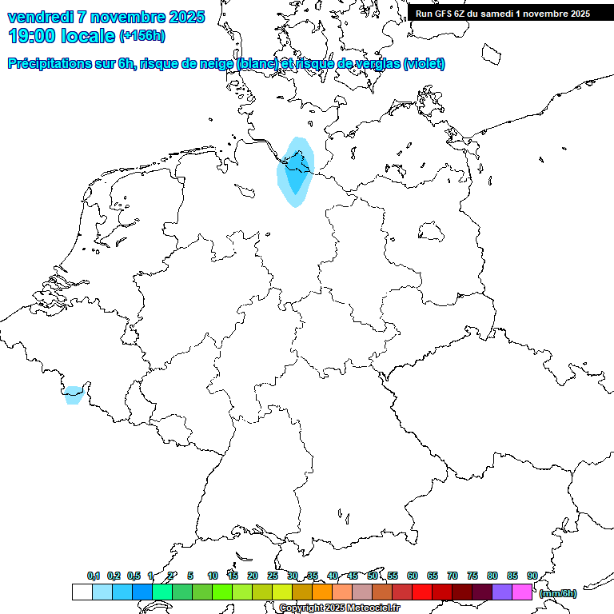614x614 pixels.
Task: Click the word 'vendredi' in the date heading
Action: click(x=38, y=17)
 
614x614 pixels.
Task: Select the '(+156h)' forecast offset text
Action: click(x=142, y=36)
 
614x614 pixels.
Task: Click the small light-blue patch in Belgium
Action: click(x=74, y=395)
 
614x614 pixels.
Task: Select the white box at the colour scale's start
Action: click(x=82, y=592)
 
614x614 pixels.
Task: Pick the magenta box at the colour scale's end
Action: click(x=522, y=592)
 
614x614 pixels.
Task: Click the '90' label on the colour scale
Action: click(x=532, y=576)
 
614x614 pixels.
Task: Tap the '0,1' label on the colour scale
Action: click(x=94, y=576)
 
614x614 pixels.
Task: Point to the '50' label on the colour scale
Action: click(x=373, y=576)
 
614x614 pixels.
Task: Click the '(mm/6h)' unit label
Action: click(x=558, y=593)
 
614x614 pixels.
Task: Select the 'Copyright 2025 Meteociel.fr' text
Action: click(x=340, y=608)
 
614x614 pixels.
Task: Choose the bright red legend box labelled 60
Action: click(x=422, y=592)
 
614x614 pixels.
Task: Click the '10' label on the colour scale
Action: click(x=213, y=576)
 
